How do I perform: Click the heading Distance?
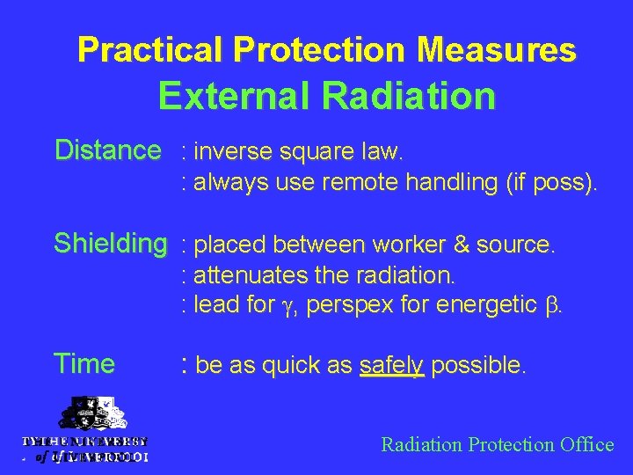107,151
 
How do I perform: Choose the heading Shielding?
111,244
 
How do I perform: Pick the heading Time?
84,363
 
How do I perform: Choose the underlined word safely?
392,365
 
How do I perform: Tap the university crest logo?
85,417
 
